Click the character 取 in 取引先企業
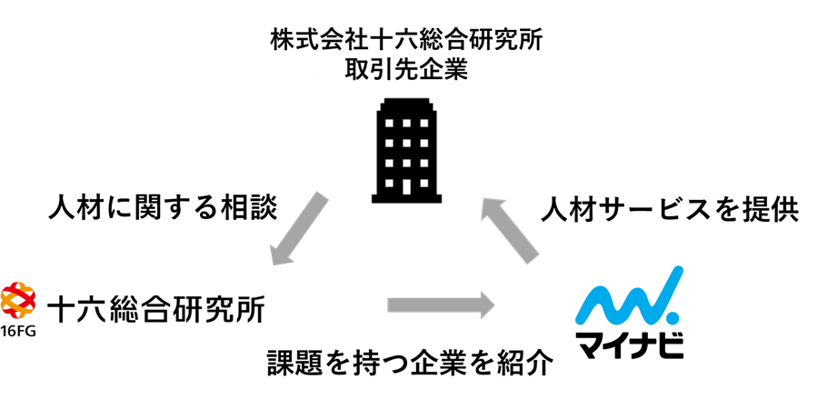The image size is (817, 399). pyautogui.click(x=357, y=70)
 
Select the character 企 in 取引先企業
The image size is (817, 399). pyautogui.click(x=432, y=70)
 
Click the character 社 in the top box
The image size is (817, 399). pyautogui.click(x=354, y=40)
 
